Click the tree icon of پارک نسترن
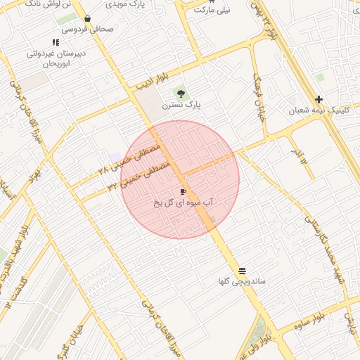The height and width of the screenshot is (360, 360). click(x=181, y=94)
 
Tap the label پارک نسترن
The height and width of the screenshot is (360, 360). click(x=181, y=105)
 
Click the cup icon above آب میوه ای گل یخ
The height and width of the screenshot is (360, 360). click(x=183, y=191)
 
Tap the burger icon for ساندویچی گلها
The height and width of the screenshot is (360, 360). click(x=243, y=271)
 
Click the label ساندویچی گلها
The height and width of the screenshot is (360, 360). click(x=242, y=282)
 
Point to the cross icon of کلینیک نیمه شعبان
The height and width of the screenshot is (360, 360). click(x=319, y=99)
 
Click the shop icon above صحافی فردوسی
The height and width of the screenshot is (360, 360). click(x=87, y=19)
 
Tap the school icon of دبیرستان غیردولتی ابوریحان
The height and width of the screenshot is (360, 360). click(x=56, y=42)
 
